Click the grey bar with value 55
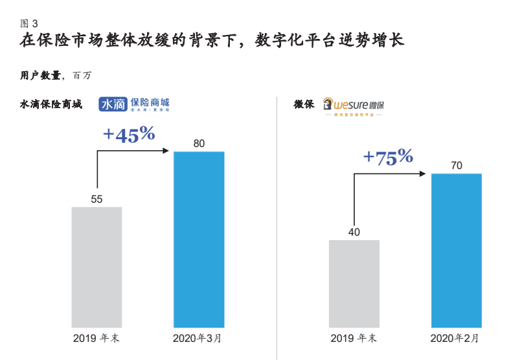click(97, 267)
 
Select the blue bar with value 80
click(199, 239)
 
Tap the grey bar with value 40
click(354, 283)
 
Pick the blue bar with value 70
click(457, 250)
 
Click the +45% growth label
click(129, 134)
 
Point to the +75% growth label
click(387, 157)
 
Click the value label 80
click(199, 143)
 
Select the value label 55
click(97, 199)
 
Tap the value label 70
click(457, 166)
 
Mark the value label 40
click(354, 232)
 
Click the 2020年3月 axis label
click(199, 339)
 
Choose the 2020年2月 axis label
click(456, 339)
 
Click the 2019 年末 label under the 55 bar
click(96, 339)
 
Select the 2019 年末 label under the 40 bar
click(354, 339)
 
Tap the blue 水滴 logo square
click(113, 105)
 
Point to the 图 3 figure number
click(29, 23)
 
